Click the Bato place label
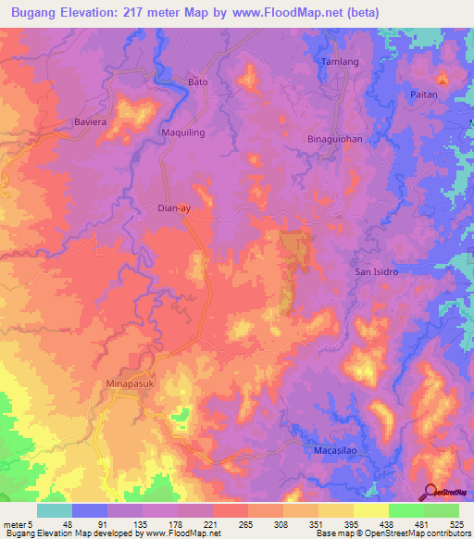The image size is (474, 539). pos(198,81)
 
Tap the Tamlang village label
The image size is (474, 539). pos(336,61)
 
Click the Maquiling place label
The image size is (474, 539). pos(183,132)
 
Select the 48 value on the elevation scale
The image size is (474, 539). pos(67,524)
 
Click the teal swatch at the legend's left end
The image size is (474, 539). pos(54,510)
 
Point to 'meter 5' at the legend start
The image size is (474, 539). pos(18,524)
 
